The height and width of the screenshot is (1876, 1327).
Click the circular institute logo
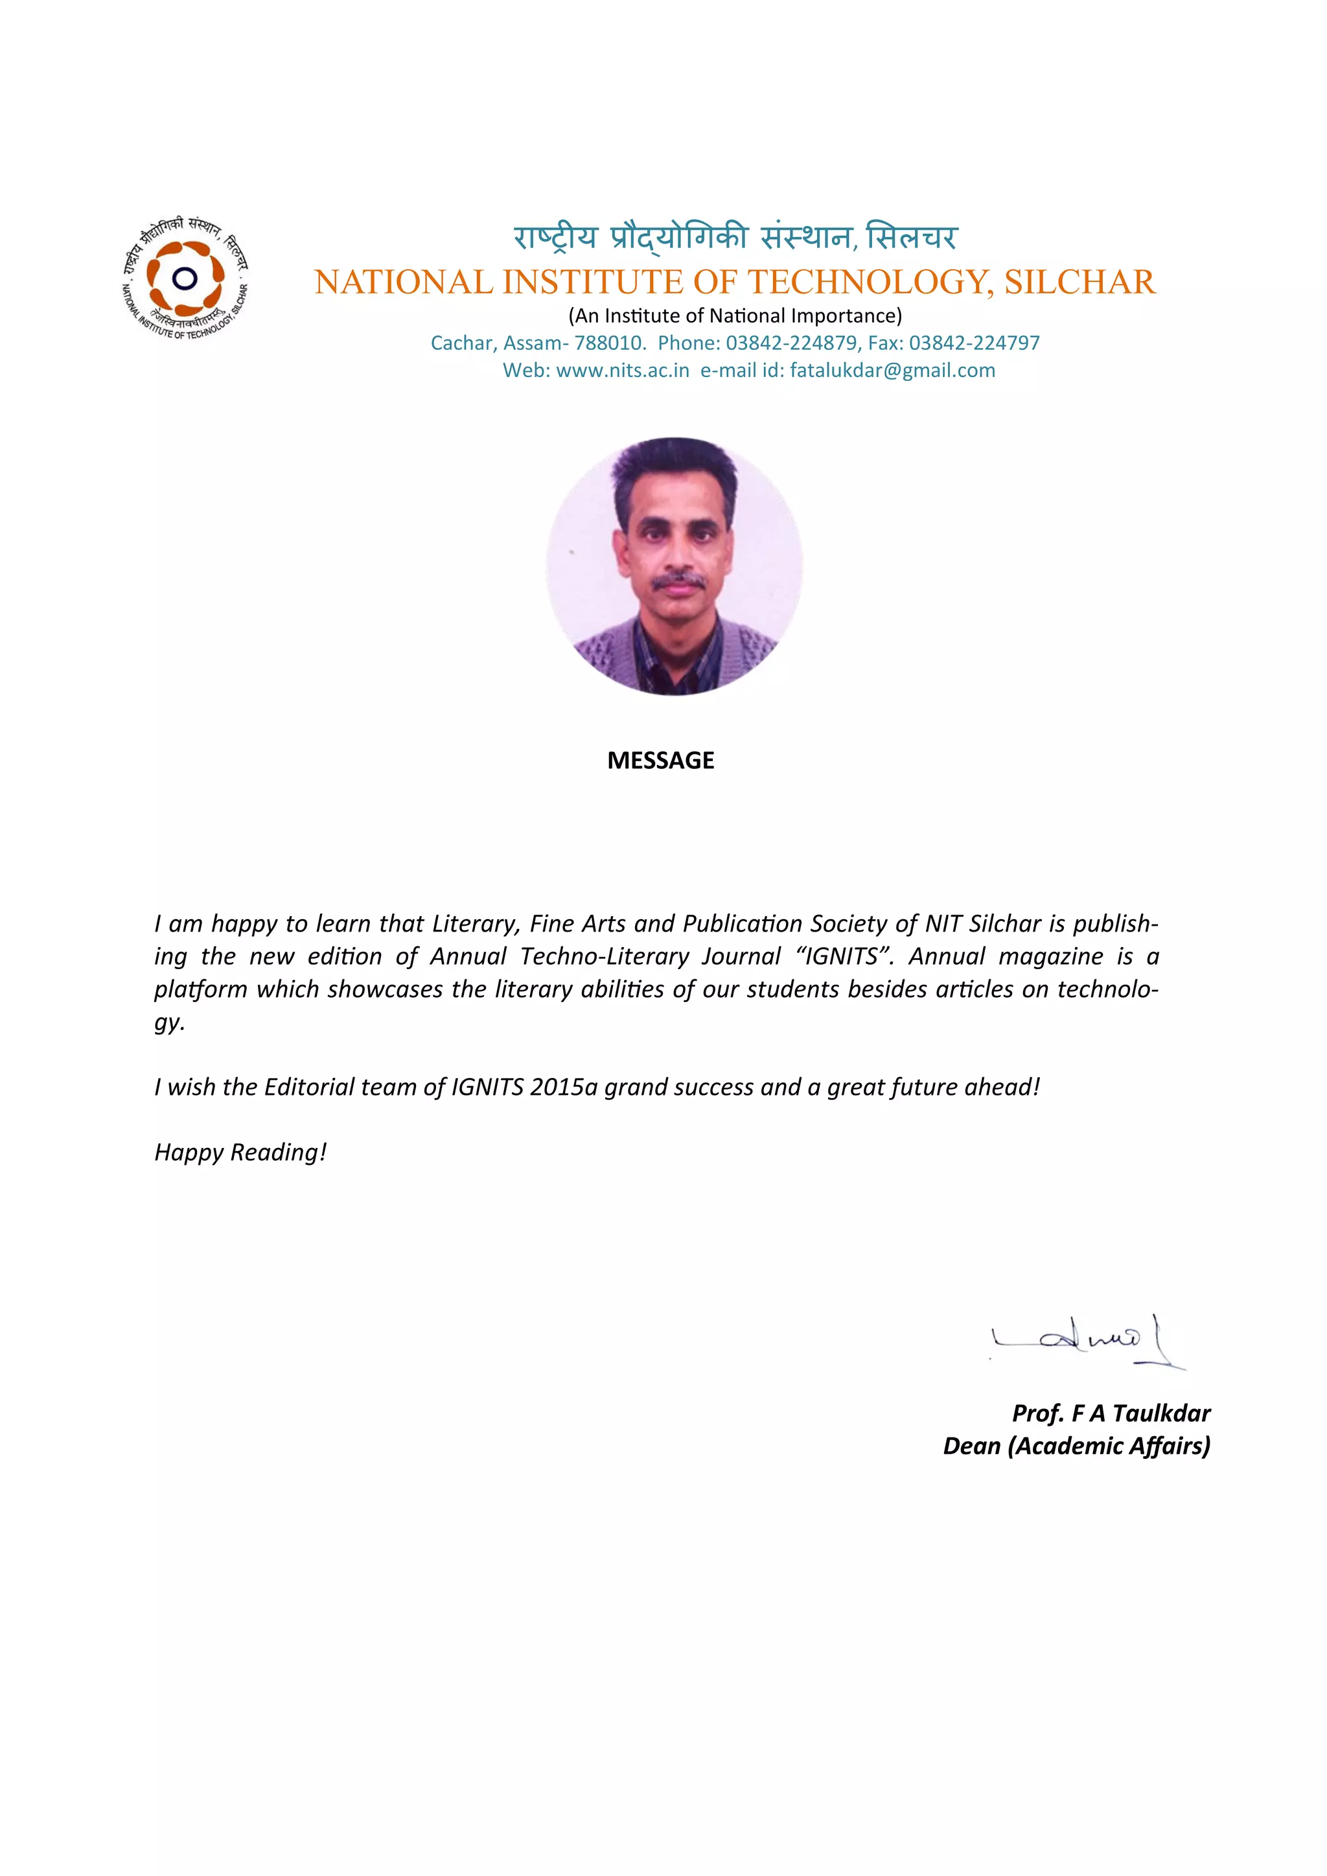pyautogui.click(x=185, y=279)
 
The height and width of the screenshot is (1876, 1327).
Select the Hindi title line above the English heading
pyautogui.click(x=735, y=238)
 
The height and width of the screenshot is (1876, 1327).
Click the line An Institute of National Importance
pyautogui.click(x=735, y=316)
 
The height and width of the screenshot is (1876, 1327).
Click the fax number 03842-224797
pyautogui.click(x=974, y=343)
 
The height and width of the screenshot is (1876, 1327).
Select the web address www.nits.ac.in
pyautogui.click(x=623, y=371)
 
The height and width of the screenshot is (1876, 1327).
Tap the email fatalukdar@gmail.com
pyautogui.click(x=892, y=371)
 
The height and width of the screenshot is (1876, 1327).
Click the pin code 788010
pyautogui.click(x=610, y=343)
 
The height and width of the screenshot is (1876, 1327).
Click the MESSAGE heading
pyautogui.click(x=660, y=761)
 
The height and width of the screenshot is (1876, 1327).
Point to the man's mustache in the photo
pyautogui.click(x=678, y=581)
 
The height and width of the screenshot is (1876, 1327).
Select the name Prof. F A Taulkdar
pyautogui.click(x=1111, y=1413)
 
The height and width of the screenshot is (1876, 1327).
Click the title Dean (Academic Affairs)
pyautogui.click(x=1076, y=1445)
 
